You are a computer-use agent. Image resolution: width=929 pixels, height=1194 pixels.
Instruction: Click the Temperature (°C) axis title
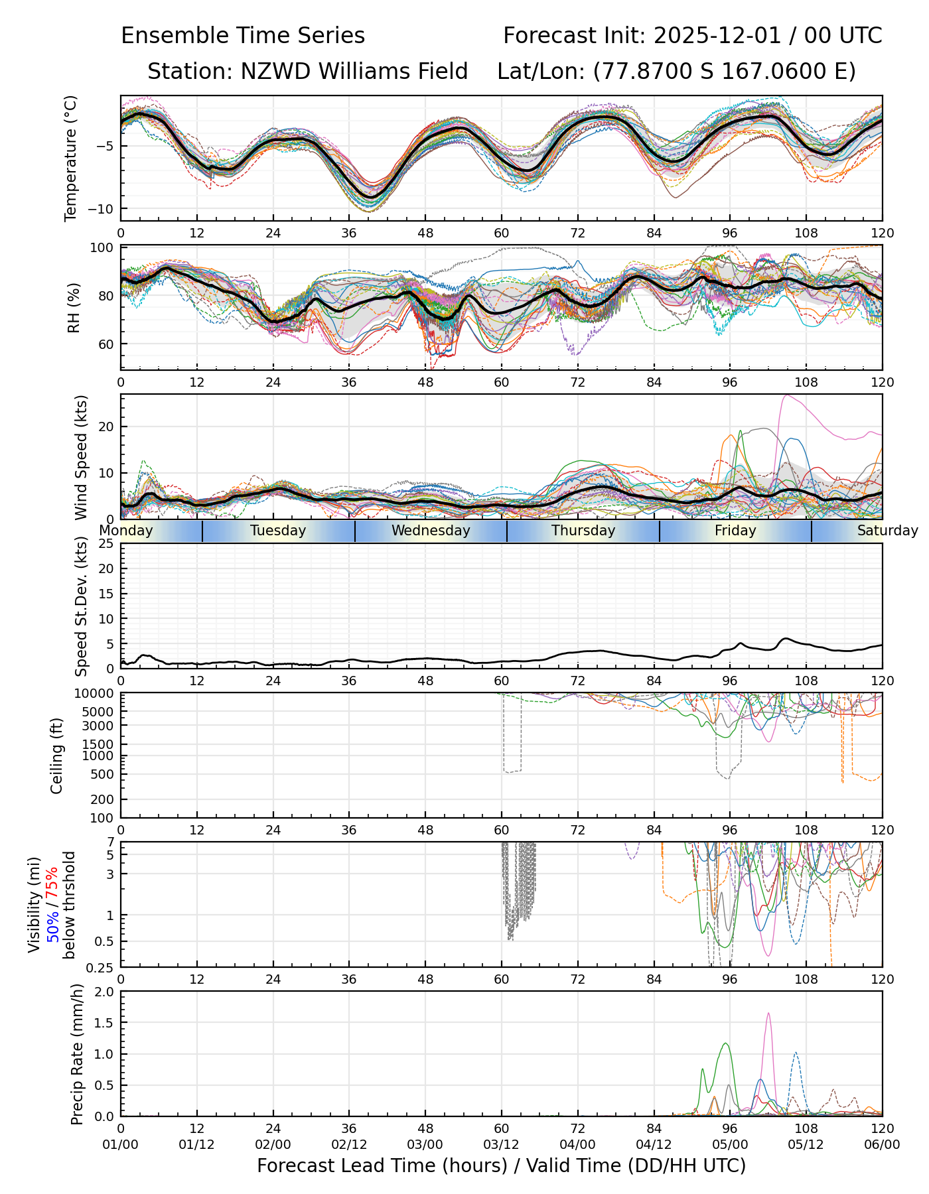[71, 158]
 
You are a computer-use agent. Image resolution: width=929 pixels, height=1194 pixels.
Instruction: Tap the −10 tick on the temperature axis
[105, 209]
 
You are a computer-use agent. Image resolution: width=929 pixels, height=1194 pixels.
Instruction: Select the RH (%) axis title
[74, 307]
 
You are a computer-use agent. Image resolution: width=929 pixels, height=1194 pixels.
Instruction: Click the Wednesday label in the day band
[431, 531]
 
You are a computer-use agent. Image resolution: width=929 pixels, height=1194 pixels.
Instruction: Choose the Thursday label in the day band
[583, 531]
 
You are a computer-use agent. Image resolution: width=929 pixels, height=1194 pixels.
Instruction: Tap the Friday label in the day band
[735, 531]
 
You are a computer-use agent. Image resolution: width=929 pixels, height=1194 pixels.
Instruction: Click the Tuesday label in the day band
[278, 531]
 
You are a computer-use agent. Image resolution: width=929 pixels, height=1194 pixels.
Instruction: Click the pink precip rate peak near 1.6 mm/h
[768, 1014]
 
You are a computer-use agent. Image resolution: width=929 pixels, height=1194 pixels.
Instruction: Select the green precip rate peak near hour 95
[725, 1043]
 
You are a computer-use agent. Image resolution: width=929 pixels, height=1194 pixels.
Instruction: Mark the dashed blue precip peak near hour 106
[795, 1053]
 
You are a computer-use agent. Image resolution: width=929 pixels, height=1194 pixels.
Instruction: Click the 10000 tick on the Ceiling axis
[98, 694]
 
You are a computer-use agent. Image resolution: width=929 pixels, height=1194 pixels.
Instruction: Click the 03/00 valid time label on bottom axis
[425, 1144]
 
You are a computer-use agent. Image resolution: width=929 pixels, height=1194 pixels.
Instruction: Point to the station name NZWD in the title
[268, 72]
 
